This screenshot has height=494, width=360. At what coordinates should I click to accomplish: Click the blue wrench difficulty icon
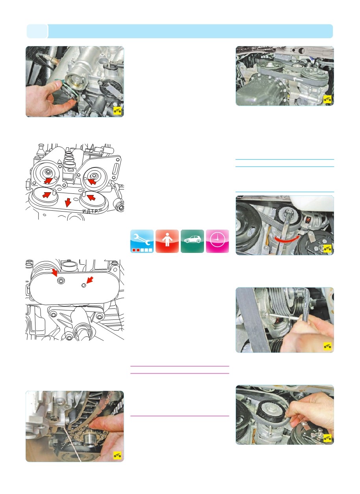(x=142, y=241)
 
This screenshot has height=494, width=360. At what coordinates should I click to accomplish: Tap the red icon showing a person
(x=167, y=241)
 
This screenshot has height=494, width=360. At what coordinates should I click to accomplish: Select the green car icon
(x=192, y=241)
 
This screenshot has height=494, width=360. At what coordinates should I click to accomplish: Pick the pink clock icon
(x=217, y=241)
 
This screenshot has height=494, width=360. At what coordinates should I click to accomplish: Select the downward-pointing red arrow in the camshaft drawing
(x=68, y=202)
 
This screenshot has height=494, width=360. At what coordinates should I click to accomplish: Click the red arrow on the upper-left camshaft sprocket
(x=48, y=181)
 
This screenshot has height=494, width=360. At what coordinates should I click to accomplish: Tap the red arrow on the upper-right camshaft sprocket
(x=92, y=182)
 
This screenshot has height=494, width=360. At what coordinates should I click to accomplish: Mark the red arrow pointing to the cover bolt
(x=54, y=273)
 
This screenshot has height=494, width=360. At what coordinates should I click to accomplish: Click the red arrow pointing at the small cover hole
(x=90, y=280)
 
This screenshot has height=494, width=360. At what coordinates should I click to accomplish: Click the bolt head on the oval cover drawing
(x=60, y=281)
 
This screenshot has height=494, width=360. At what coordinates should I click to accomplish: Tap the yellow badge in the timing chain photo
(x=117, y=455)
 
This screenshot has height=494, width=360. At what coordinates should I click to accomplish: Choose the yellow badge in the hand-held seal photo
(x=117, y=110)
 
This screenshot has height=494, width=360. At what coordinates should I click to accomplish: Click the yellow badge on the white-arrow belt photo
(x=327, y=99)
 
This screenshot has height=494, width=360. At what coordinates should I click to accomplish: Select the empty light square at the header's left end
(x=37, y=31)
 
